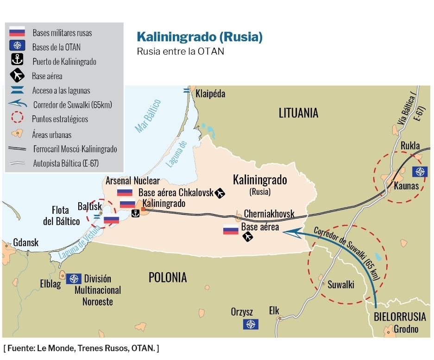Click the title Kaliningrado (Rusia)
coord(200,37)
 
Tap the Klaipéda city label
coord(210,94)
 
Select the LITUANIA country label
coord(298,112)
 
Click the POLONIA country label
coord(168,277)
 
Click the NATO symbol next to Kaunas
coord(420,172)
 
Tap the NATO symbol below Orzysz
coord(251,324)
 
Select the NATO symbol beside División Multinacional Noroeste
coord(74,279)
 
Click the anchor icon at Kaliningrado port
coord(135,213)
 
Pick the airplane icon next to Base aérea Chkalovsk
coord(220,193)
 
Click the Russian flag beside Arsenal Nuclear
coord(125,192)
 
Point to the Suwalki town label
coord(340,285)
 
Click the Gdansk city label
coord(26,243)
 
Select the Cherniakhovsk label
coord(269,214)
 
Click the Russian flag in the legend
coord(17,32)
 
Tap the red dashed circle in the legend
coord(17,118)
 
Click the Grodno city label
coord(406,329)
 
